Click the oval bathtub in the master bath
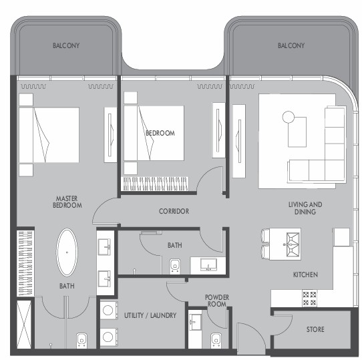point(67,252)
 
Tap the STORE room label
point(315,329)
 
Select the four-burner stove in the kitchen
point(309,299)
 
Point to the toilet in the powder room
point(216,341)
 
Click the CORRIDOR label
point(174,211)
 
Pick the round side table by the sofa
point(289,117)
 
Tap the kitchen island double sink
point(293,244)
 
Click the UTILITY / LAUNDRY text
point(150,315)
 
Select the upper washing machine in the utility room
point(108,311)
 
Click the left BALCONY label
point(66,45)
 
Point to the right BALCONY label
point(291,45)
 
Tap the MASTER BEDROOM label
point(67,202)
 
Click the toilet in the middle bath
point(175,266)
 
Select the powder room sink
point(195,321)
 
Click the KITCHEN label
point(305,275)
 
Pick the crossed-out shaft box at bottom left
point(24,324)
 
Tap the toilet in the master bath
point(81,341)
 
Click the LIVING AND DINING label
point(305,208)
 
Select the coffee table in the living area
point(297,132)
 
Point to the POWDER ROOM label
point(217,301)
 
